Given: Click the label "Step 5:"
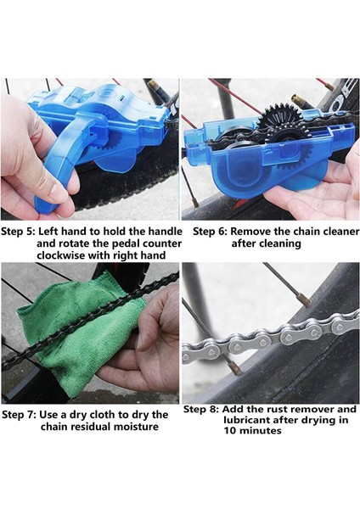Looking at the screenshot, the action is [x=18, y=232].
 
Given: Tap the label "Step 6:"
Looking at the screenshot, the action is [x=211, y=232].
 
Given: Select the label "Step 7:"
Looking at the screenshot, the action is [x=19, y=415].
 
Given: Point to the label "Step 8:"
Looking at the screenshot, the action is [x=200, y=410].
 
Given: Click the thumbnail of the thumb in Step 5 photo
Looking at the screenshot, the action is [x=59, y=193].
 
